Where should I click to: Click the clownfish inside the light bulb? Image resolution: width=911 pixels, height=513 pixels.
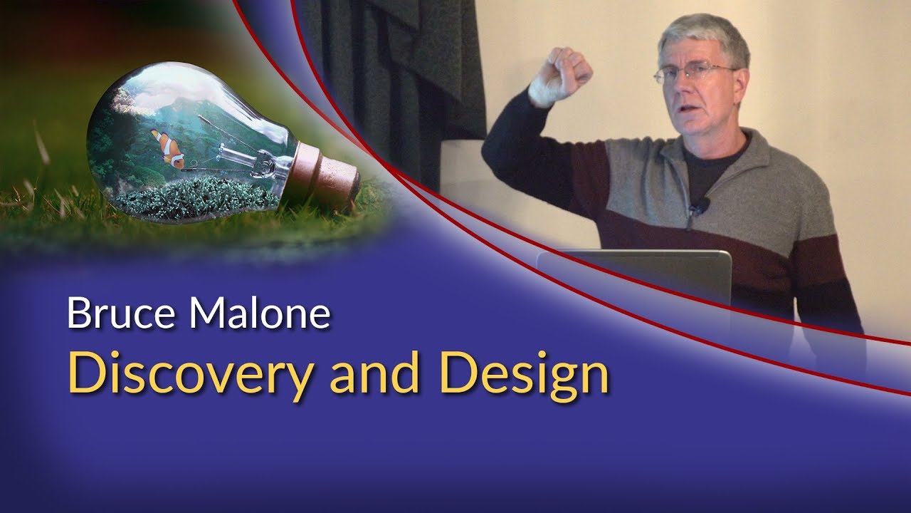169,147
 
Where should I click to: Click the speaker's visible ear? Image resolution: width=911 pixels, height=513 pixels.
740,82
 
